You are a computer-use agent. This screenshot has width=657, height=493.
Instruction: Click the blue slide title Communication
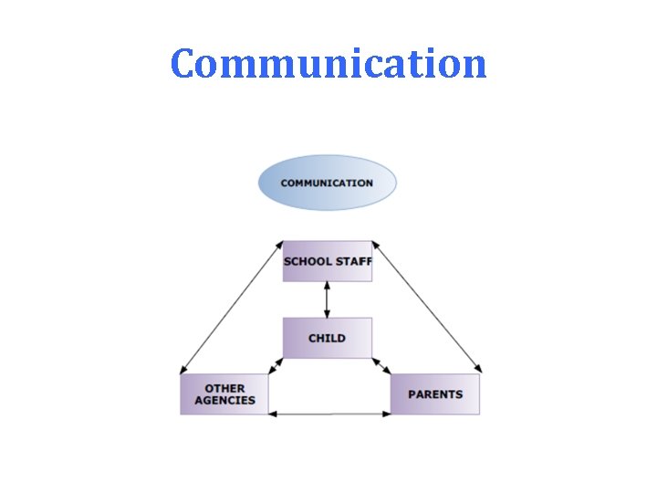[328, 64]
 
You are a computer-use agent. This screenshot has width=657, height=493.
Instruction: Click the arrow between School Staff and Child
[327, 299]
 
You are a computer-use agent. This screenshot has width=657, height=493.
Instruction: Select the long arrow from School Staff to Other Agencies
[232, 307]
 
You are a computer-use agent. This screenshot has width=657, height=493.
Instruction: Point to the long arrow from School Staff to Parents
[426, 307]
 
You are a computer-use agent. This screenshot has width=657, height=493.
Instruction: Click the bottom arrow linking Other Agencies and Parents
[329, 414]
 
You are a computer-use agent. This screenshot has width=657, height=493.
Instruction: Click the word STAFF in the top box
[354, 262]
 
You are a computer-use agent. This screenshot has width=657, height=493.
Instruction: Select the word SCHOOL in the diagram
[308, 262]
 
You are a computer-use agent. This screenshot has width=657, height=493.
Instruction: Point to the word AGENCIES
[225, 400]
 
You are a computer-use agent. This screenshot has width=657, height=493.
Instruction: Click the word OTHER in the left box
[224, 388]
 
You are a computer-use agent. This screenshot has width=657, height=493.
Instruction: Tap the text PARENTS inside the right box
[435, 394]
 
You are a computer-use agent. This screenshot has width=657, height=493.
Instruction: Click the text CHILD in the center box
[327, 338]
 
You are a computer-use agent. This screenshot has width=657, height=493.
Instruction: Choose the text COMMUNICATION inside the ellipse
[327, 183]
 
